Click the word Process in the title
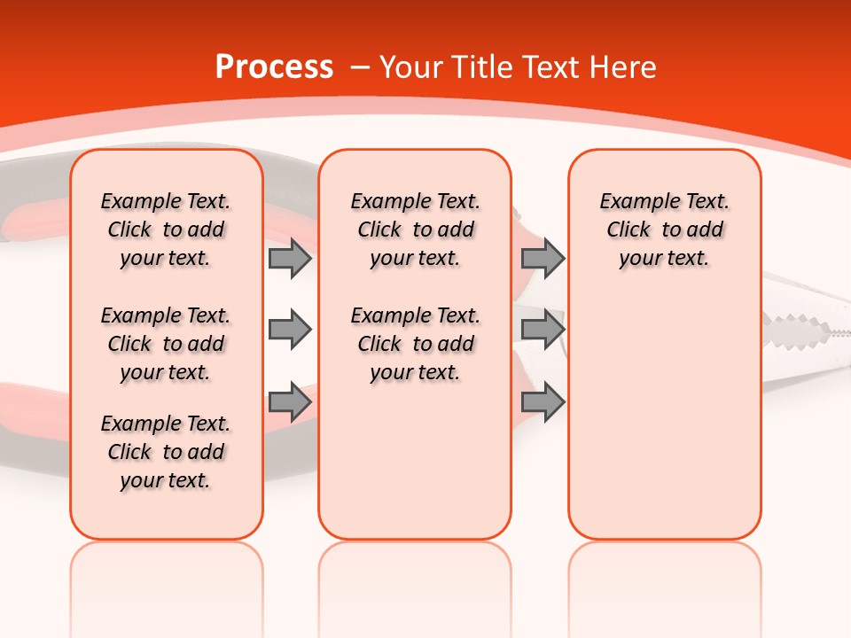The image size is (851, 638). pyautogui.click(x=274, y=67)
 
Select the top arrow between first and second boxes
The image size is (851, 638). pyautogui.click(x=290, y=259)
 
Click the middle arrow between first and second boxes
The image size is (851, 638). pyautogui.click(x=290, y=330)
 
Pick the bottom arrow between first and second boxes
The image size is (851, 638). pyautogui.click(x=290, y=401)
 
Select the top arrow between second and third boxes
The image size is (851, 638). pyautogui.click(x=543, y=259)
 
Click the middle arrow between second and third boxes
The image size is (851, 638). pyautogui.click(x=543, y=330)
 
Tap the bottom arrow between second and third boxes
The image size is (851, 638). pyautogui.click(x=543, y=401)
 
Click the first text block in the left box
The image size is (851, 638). pyautogui.click(x=166, y=230)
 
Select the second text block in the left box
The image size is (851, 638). pyautogui.click(x=166, y=344)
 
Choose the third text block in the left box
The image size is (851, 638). pyautogui.click(x=166, y=452)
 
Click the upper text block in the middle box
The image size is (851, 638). pyautogui.click(x=415, y=230)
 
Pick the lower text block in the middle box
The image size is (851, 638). pyautogui.click(x=415, y=344)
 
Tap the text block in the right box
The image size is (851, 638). pyautogui.click(x=664, y=230)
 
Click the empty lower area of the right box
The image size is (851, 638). pyautogui.click(x=664, y=425)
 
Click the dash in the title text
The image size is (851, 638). pyautogui.click(x=360, y=67)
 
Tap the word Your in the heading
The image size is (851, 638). pyautogui.click(x=412, y=67)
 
